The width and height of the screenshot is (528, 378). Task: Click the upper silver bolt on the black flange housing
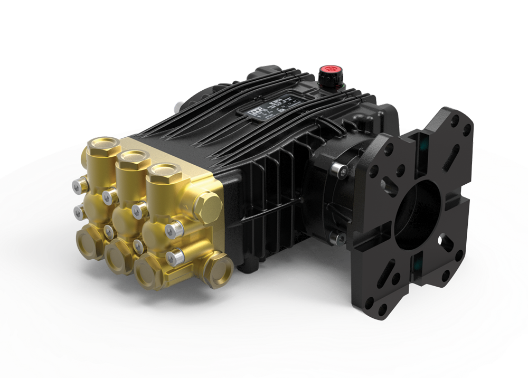pos(338,169)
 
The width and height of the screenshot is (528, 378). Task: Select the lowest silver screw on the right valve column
pos(174,257)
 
